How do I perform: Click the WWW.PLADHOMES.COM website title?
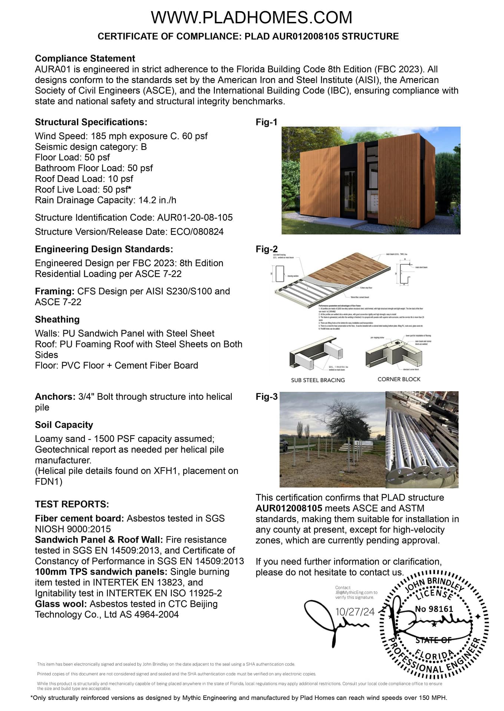click(x=251, y=17)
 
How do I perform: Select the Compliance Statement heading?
click(x=85, y=59)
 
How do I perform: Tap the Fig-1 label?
click(x=266, y=122)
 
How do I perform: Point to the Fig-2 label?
click(x=266, y=249)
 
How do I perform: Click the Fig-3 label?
click(x=266, y=397)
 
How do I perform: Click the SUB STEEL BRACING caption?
click(x=318, y=380)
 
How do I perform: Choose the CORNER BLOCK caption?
click(x=399, y=379)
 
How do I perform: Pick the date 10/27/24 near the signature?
click(x=355, y=612)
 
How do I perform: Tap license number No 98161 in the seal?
click(x=434, y=609)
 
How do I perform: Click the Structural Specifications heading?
click(x=91, y=122)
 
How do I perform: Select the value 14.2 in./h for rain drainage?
click(x=157, y=200)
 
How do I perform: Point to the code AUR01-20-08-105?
click(x=195, y=218)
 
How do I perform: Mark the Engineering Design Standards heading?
click(x=104, y=249)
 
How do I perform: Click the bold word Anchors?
click(x=55, y=397)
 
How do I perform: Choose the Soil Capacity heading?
click(x=64, y=425)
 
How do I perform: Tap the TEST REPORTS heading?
click(x=72, y=504)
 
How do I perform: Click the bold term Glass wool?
click(x=61, y=604)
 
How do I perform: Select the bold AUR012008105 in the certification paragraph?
click(x=289, y=508)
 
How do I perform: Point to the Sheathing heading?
click(x=57, y=320)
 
